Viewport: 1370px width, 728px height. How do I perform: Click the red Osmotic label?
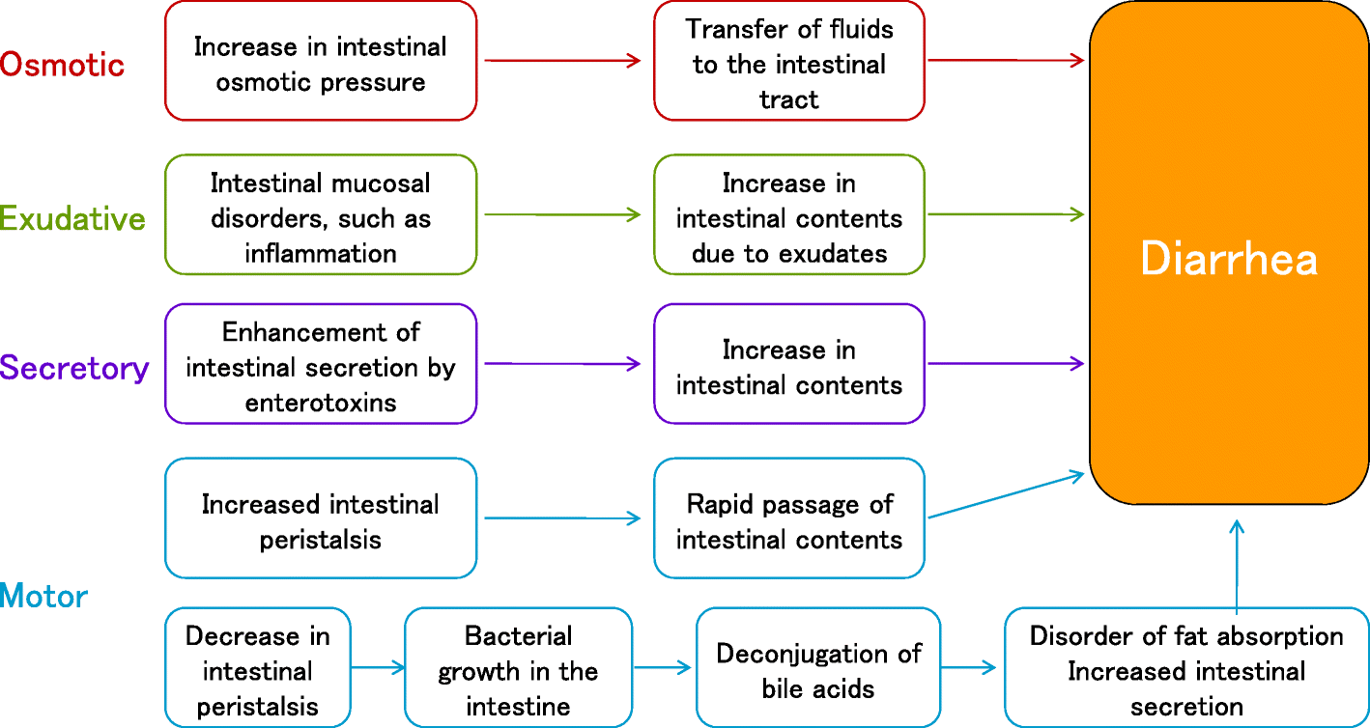(x=63, y=65)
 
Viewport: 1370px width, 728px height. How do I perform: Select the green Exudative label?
(x=73, y=218)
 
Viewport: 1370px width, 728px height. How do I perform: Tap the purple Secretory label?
(x=74, y=368)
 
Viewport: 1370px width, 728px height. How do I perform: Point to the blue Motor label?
(x=44, y=596)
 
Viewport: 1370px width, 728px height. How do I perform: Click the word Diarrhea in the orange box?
(x=1229, y=259)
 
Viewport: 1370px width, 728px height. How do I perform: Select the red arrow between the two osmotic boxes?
(x=563, y=61)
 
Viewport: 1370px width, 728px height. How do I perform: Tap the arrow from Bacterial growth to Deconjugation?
(x=663, y=667)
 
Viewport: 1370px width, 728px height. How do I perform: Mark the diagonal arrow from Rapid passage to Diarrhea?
(x=1005, y=494)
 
